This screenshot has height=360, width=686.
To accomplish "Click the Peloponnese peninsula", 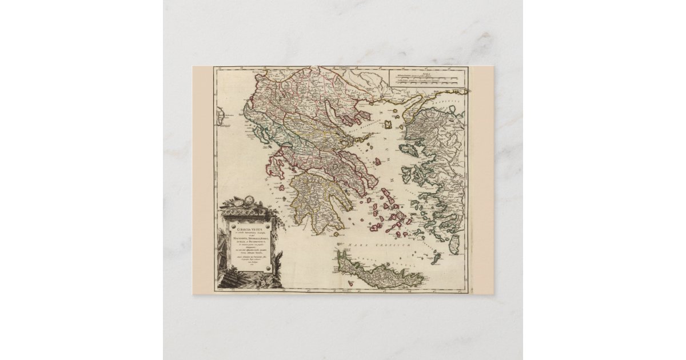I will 320,194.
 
